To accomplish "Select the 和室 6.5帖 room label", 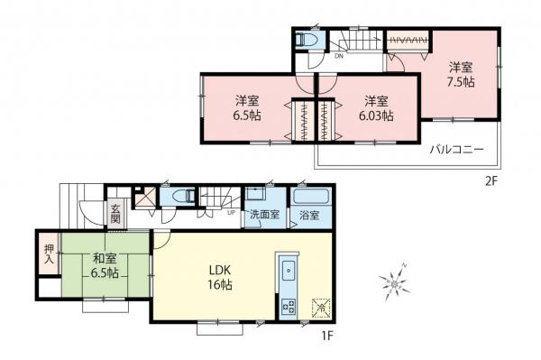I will (x=104, y=267).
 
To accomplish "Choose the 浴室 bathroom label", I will (x=309, y=217).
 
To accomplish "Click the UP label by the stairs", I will (x=232, y=214).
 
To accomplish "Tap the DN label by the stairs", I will (x=338, y=56).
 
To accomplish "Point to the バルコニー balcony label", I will (x=457, y=149).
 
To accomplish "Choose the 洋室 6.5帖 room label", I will (x=246, y=107).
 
